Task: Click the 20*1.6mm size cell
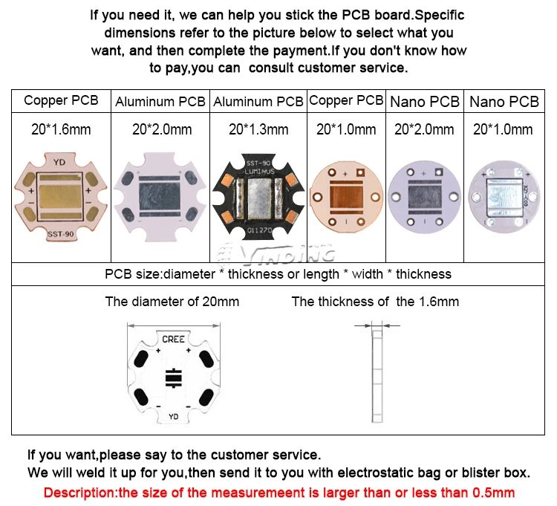(61, 129)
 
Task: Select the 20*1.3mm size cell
(258, 129)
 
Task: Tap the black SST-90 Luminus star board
(258, 198)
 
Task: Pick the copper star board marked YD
(61, 198)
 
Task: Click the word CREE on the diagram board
(173, 340)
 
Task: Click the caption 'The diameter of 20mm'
(172, 302)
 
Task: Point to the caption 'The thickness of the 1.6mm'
(375, 302)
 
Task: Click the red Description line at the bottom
(278, 492)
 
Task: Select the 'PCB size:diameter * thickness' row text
(278, 274)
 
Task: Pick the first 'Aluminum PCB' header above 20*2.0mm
(161, 102)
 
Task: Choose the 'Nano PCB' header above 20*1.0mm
(504, 102)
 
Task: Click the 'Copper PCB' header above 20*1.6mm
(61, 101)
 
